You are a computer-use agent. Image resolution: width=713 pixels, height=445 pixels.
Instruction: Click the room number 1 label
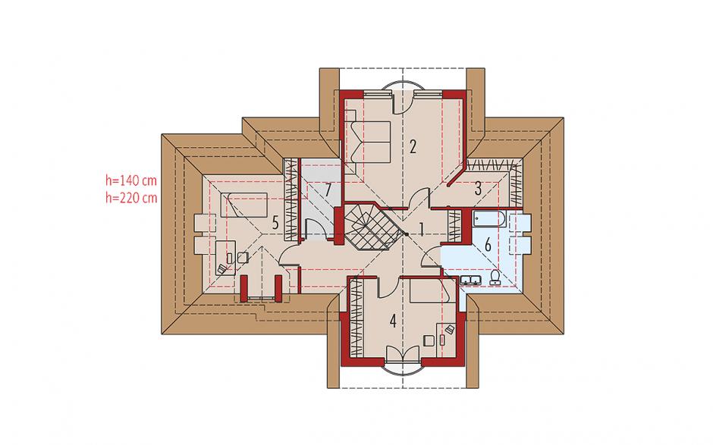(x=422, y=230)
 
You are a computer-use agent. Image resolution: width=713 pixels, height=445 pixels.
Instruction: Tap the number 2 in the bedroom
(x=413, y=146)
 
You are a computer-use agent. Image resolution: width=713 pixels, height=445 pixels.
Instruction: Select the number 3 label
(x=478, y=189)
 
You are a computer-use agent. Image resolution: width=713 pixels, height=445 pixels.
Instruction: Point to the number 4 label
(x=394, y=321)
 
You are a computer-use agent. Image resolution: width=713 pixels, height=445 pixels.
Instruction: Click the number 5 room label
(x=275, y=223)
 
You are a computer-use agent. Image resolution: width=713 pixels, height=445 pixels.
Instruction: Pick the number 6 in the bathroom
(x=488, y=245)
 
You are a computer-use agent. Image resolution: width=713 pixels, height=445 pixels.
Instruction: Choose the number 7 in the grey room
(x=328, y=190)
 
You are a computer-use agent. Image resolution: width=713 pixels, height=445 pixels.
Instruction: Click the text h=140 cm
(x=131, y=180)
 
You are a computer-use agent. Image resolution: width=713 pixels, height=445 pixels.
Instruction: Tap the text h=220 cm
(x=131, y=198)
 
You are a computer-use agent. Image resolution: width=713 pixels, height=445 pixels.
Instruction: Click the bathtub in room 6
(x=489, y=219)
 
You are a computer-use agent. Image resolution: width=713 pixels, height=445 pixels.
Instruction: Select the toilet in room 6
(x=495, y=277)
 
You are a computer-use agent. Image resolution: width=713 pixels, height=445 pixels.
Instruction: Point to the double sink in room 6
(x=470, y=280)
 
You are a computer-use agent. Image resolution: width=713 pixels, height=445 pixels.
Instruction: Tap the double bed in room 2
(x=369, y=142)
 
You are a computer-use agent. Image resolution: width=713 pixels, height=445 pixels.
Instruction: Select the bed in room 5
(x=243, y=205)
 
